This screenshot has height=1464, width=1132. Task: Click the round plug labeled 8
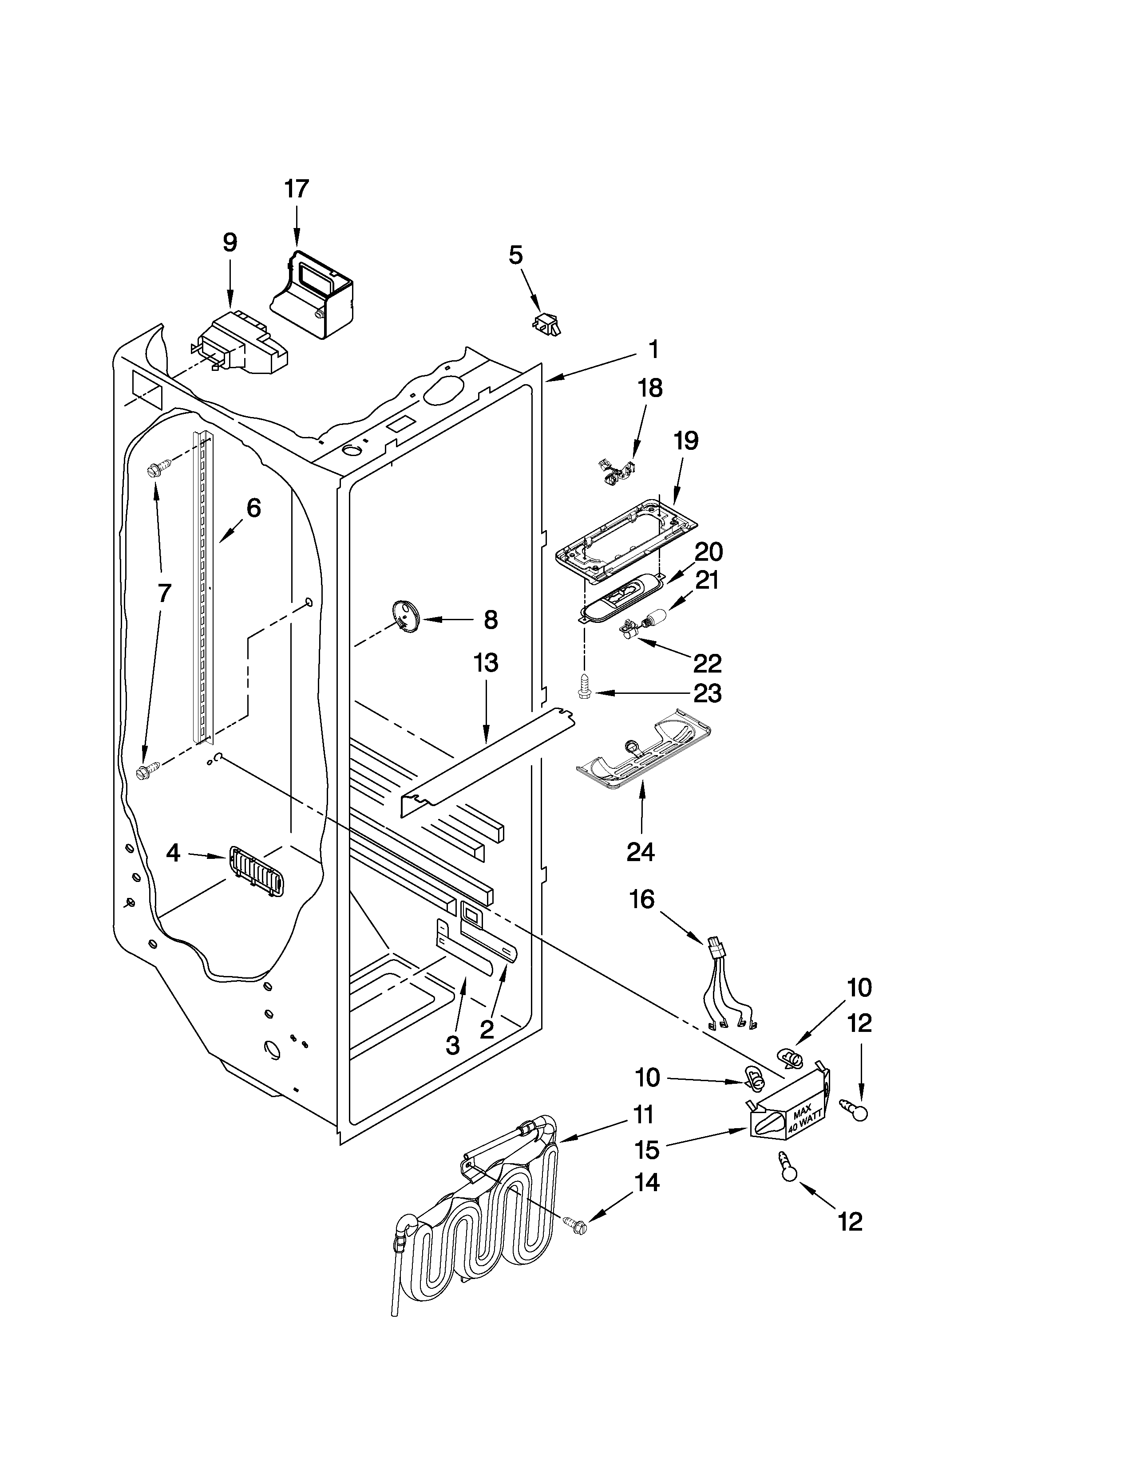click(404, 615)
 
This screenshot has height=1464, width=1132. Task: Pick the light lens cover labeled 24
click(642, 749)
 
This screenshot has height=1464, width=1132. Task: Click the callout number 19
click(686, 441)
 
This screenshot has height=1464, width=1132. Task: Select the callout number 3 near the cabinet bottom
click(453, 1044)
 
